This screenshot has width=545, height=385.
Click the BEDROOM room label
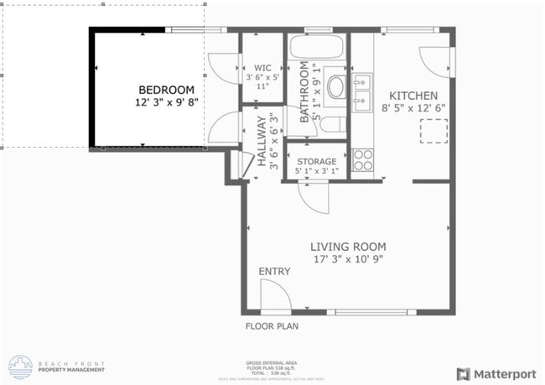[166, 90]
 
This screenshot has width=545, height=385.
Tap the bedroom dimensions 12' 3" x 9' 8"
[166, 102]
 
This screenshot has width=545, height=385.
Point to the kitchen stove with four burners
[362, 159]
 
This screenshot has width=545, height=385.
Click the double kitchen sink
[362, 91]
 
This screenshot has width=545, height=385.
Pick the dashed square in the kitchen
[433, 131]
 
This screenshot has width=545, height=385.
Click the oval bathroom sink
[336, 86]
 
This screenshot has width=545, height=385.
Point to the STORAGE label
[316, 161]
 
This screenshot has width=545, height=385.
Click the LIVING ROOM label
[348, 247]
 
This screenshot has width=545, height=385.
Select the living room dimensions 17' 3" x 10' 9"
[348, 259]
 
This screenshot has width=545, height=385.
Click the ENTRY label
[274, 271]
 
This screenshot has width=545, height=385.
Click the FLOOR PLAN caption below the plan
[272, 326]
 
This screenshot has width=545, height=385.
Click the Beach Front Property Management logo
[57, 367]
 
